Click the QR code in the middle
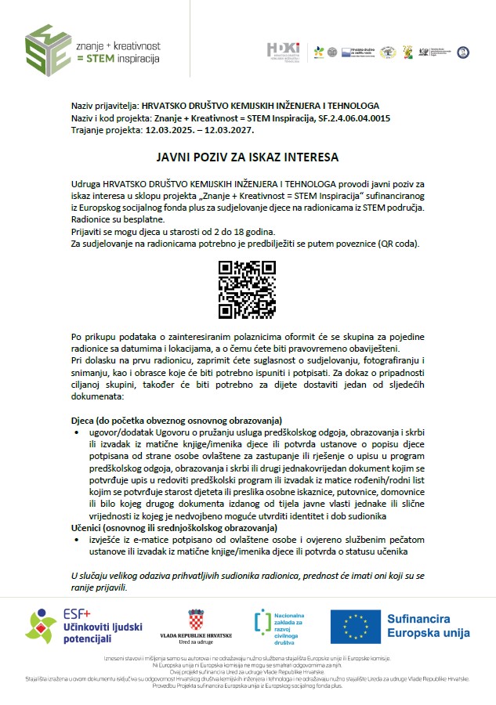pyautogui.click(x=248, y=290)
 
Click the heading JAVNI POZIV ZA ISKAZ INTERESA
pyautogui.click(x=247, y=157)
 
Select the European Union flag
pyautogui.click(x=355, y=626)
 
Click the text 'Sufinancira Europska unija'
pyautogui.click(x=428, y=626)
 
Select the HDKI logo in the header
pyautogui.click(x=284, y=52)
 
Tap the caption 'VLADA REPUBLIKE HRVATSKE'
pyautogui.click(x=196, y=637)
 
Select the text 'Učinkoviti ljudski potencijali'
pyautogui.click(x=92, y=633)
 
